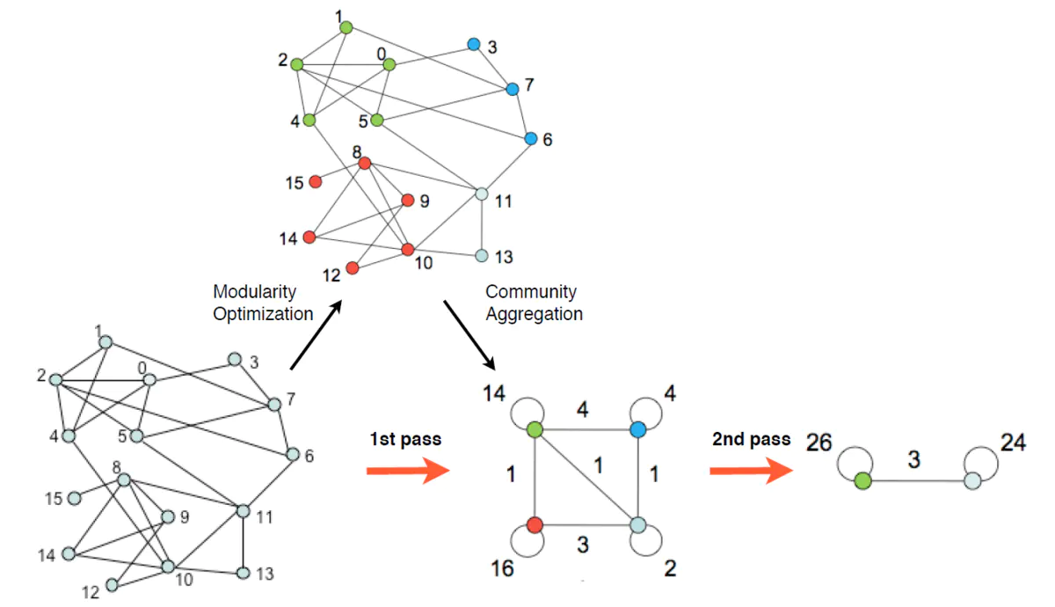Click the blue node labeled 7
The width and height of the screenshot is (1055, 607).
click(513, 89)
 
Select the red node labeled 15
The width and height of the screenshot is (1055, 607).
click(316, 181)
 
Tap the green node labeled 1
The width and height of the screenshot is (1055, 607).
click(346, 27)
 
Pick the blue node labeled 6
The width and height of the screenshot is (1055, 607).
click(531, 139)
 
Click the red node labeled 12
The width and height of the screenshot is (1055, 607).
click(353, 268)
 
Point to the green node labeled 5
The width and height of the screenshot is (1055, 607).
click(377, 121)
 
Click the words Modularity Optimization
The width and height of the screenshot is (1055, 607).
click(263, 303)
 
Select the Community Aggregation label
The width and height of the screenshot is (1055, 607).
click(535, 303)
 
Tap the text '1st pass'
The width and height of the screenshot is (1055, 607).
click(405, 439)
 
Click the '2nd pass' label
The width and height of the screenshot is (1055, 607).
click(751, 439)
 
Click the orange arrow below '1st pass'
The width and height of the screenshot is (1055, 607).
click(408, 471)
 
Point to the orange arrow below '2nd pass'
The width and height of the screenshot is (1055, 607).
click(751, 471)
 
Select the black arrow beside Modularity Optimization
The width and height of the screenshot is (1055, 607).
click(316, 335)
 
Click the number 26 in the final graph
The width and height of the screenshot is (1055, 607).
click(819, 442)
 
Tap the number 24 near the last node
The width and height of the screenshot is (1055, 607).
click(1013, 442)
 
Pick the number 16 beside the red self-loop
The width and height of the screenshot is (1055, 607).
click(502, 568)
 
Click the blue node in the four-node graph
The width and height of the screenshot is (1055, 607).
click(637, 430)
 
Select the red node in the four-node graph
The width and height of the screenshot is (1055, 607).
click(535, 524)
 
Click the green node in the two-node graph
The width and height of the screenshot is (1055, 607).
click(862, 481)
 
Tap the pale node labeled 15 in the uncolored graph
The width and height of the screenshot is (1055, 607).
click(75, 498)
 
